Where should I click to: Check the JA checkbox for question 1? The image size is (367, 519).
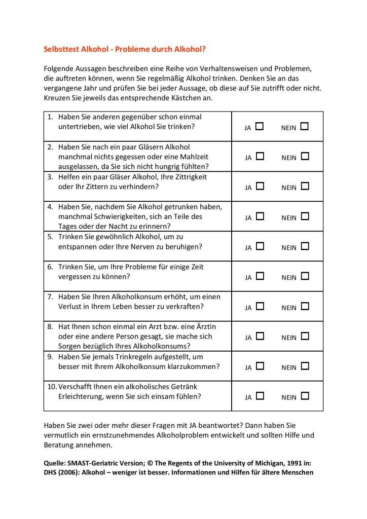[260, 126]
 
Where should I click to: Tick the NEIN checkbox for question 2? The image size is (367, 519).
[304, 156]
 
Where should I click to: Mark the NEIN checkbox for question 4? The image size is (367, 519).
[304, 216]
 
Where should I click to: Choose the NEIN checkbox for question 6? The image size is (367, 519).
[304, 276]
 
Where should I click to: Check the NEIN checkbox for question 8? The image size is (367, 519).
[304, 336]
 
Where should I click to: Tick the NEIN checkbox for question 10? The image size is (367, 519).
[304, 395]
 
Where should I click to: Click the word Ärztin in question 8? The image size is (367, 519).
[204, 326]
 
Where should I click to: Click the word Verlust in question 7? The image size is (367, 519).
[70, 307]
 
